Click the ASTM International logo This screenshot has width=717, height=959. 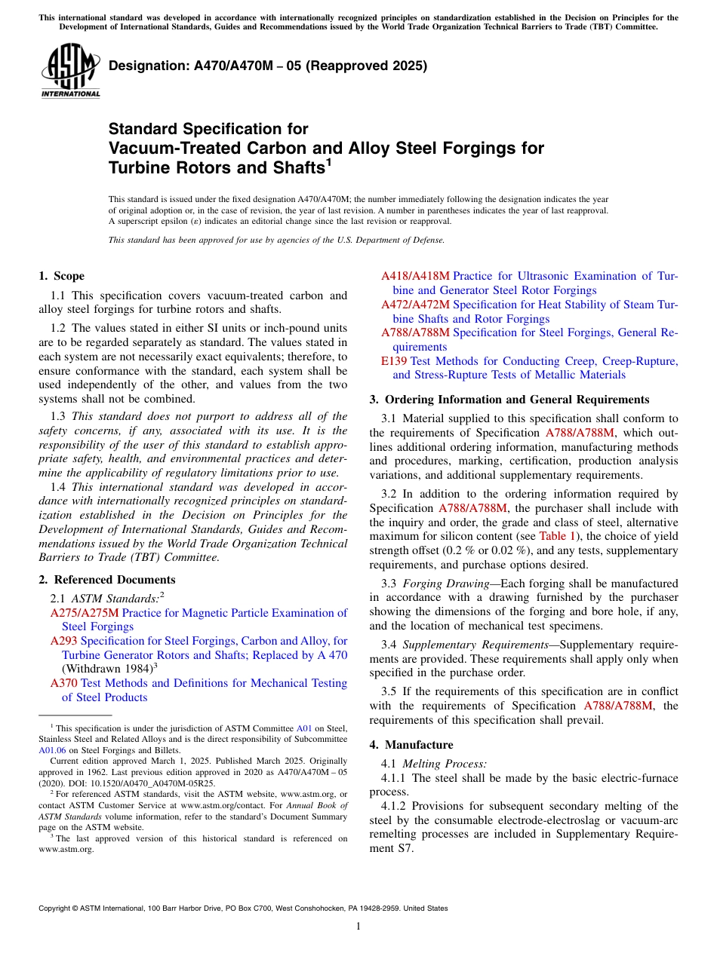[x=70, y=70]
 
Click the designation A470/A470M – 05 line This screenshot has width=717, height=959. [x=268, y=66]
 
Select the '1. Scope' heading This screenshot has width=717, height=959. [x=61, y=276]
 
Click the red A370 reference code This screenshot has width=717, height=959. [x=63, y=683]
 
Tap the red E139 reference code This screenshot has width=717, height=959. [x=394, y=361]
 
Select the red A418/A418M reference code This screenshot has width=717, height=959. [x=414, y=276]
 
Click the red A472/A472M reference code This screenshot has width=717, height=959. [x=414, y=305]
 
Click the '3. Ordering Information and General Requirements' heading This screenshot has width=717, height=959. [x=509, y=400]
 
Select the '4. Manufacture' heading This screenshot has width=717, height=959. [x=411, y=745]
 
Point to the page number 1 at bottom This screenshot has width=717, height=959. [x=358, y=927]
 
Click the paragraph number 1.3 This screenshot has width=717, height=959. [x=58, y=416]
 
